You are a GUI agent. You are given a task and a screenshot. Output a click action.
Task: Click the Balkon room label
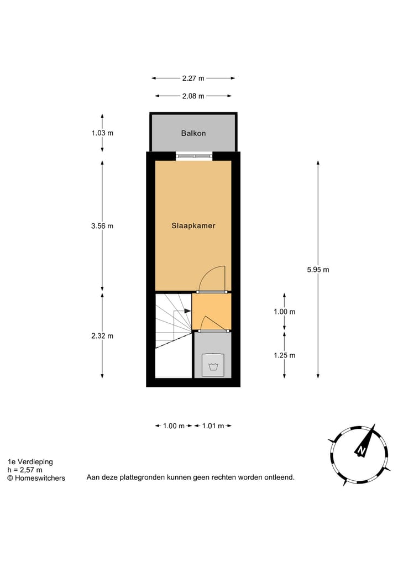[193, 133]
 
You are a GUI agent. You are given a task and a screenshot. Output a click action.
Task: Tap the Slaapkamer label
[193, 226]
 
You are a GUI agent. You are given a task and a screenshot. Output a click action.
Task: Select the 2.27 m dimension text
[193, 78]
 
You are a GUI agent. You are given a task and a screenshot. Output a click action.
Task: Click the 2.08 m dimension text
[193, 96]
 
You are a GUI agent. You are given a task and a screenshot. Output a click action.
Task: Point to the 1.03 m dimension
[102, 133]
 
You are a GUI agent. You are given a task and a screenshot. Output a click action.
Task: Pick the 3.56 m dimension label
[102, 226]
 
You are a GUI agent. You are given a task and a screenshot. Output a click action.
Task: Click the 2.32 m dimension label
[102, 336]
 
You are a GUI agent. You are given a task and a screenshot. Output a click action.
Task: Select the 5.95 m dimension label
[318, 270]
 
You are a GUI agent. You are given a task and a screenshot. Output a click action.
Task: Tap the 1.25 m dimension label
[284, 355]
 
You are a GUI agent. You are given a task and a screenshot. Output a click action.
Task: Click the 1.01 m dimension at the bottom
[213, 426]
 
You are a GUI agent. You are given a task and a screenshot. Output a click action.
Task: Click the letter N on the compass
[361, 450]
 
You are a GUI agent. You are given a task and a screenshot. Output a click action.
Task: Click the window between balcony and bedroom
[193, 156]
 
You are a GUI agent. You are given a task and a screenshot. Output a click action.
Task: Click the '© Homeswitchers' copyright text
[36, 478]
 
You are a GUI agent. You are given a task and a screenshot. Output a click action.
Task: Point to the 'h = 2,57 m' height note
[25, 470]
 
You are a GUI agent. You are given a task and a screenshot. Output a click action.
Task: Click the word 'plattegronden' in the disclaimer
[144, 477]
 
